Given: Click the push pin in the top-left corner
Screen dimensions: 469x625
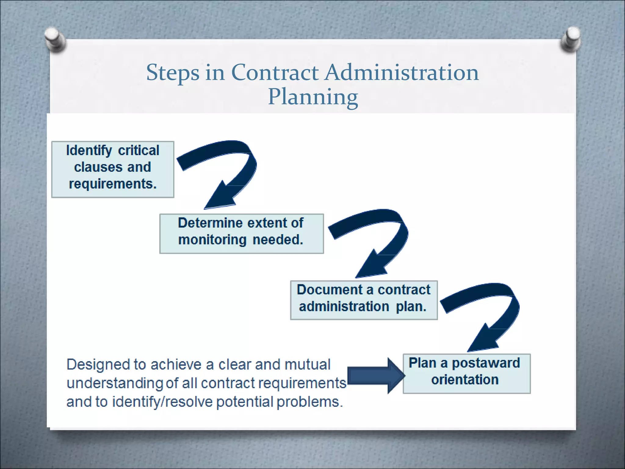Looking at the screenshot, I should coord(55,40).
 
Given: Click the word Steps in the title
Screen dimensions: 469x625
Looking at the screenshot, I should coord(172,73).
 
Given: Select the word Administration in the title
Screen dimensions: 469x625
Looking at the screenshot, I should coord(401,73).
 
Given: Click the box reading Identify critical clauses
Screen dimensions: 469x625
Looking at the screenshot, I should coord(113,169).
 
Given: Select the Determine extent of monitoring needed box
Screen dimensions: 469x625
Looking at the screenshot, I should coord(241,234).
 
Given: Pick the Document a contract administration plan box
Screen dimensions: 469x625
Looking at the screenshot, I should coord(364,300).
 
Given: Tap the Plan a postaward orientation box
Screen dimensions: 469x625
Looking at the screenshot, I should coord(467,373).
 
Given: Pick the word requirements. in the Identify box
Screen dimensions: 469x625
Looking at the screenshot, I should coord(113,184).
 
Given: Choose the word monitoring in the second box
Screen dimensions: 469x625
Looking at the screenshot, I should coord(212,240).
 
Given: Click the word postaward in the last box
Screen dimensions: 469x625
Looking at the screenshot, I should coord(486,363).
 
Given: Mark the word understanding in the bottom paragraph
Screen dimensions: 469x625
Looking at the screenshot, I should coord(115,384).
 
